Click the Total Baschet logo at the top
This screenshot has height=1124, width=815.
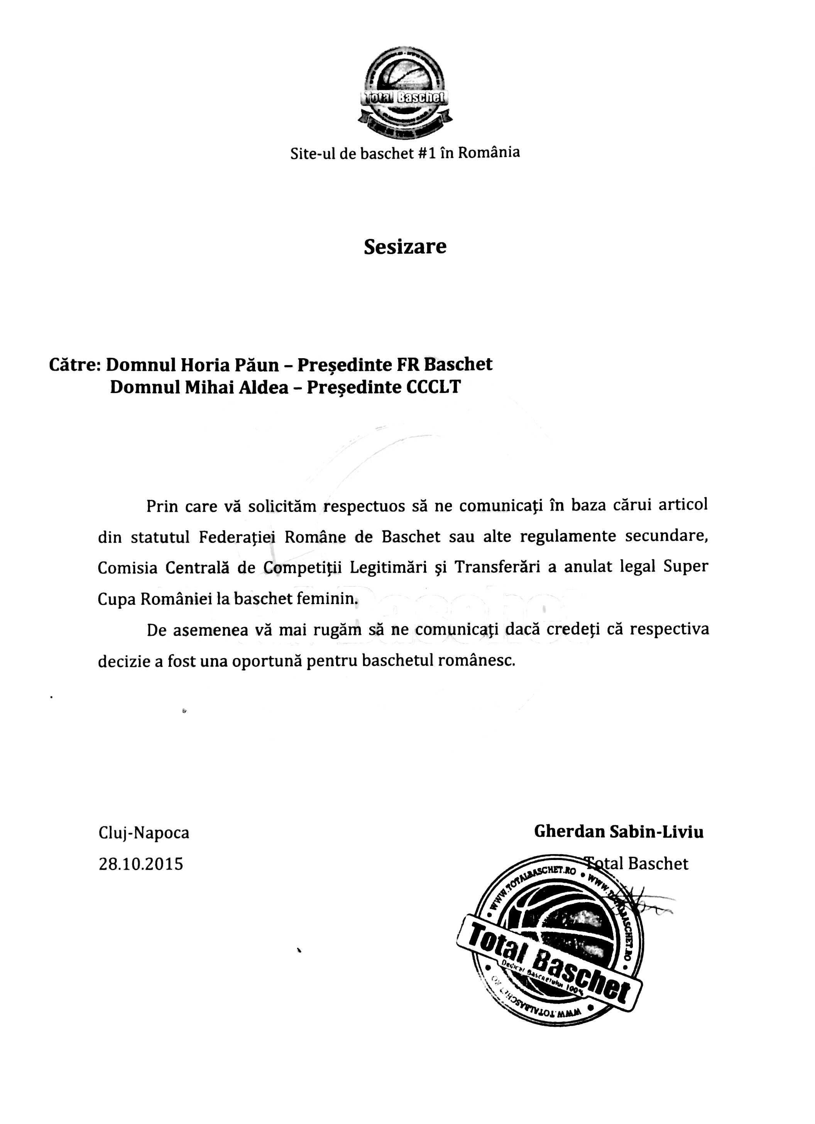click(x=405, y=93)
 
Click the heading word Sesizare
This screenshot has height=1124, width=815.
click(x=405, y=246)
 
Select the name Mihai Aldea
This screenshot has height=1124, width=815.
click(x=236, y=387)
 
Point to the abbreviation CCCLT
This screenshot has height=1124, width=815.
click(x=433, y=387)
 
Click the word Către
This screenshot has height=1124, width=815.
click(x=75, y=365)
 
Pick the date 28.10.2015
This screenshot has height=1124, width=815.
click(x=141, y=864)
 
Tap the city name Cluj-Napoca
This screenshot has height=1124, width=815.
click(x=144, y=833)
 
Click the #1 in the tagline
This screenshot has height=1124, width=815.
click(x=426, y=153)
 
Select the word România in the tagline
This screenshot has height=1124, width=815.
click(x=489, y=152)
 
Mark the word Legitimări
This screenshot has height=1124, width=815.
click(x=389, y=567)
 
